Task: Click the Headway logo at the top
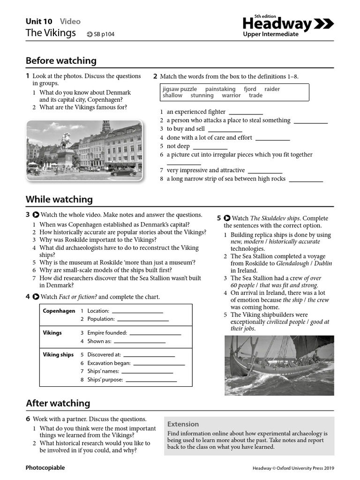pos(288,24)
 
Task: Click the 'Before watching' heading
pos(61,60)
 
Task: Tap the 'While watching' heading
pos(59,199)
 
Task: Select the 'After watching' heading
pos(58,403)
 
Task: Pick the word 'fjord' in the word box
pos(250,89)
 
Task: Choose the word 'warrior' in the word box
pos(231,95)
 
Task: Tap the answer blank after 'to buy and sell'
pos(225,129)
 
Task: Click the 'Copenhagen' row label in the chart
pos(59,311)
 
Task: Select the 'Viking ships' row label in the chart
pos(58,355)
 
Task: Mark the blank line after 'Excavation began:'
pos(159,363)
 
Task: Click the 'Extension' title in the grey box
pos(183,424)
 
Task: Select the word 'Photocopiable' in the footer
pos(45,468)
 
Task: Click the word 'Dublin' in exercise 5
pos(323,263)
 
